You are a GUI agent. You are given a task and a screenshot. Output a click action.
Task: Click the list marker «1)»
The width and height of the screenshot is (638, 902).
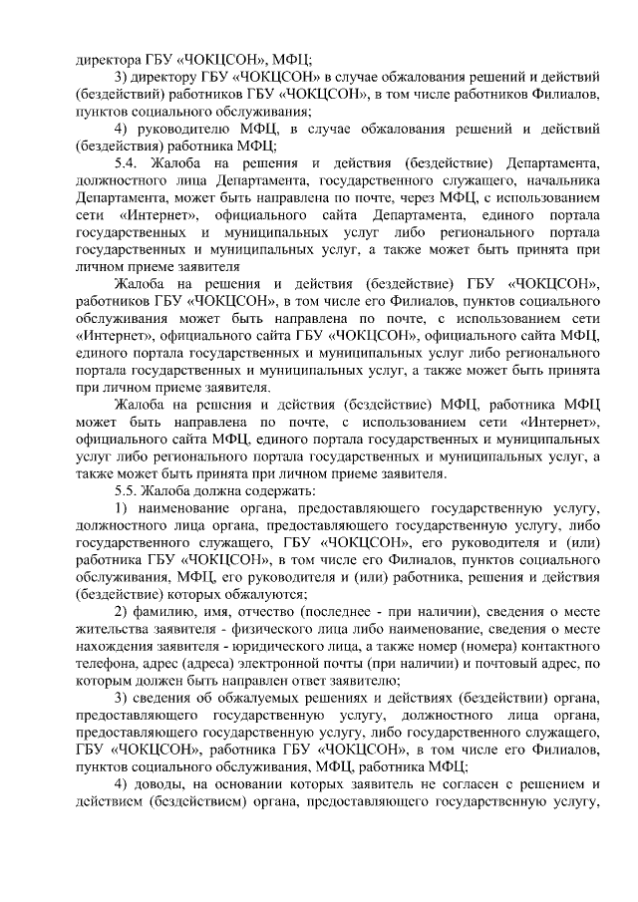[123, 509]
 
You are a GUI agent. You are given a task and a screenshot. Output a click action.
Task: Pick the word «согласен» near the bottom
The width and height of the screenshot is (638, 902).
[464, 788]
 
